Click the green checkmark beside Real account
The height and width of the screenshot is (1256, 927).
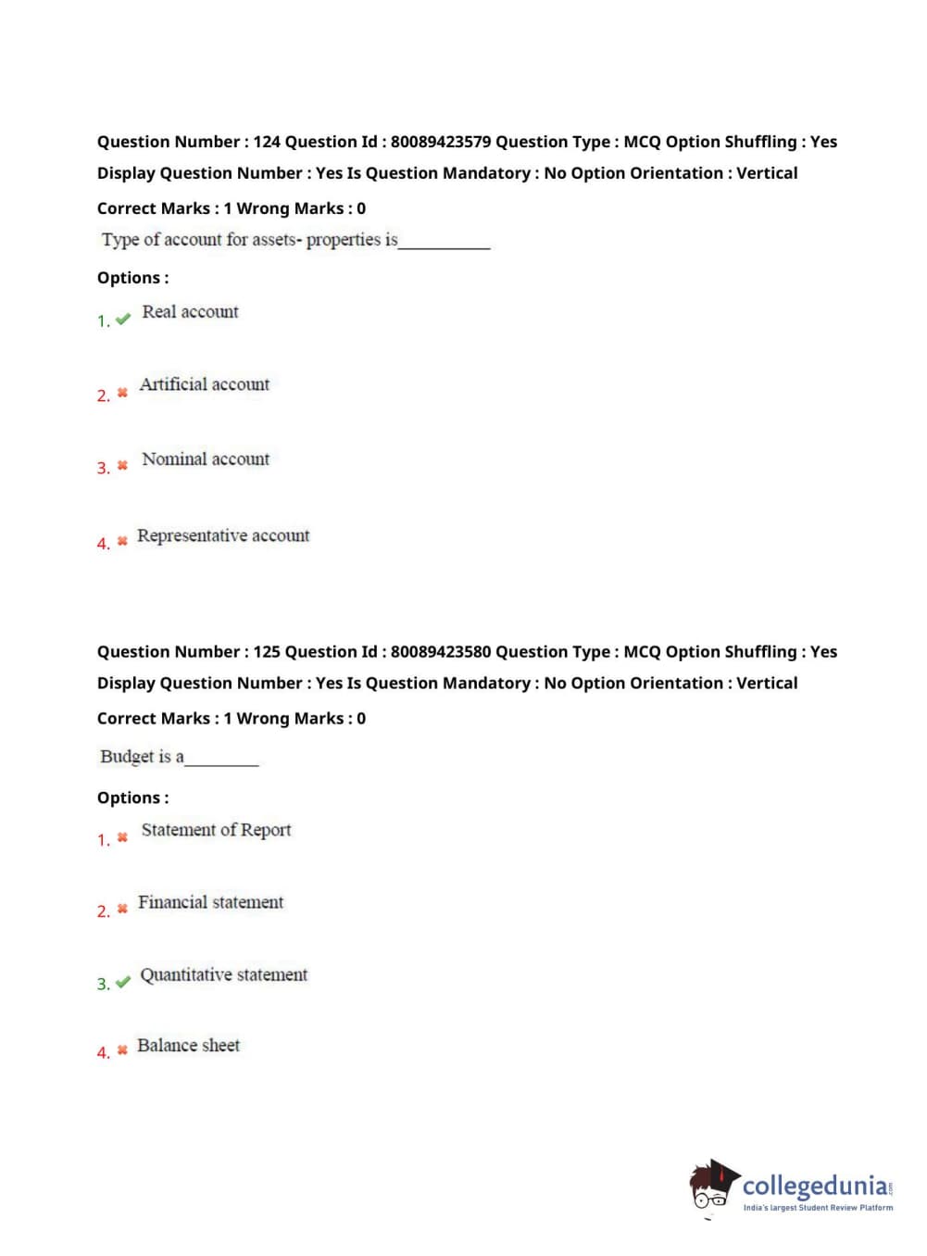pos(123,320)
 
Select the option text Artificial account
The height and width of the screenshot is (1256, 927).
pos(204,384)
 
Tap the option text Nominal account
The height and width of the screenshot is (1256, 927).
pos(206,459)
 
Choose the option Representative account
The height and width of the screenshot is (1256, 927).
pos(223,535)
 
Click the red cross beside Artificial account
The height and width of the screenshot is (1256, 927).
pos(122,394)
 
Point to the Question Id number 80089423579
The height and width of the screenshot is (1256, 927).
pos(440,142)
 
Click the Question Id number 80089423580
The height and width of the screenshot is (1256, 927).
pos(440,652)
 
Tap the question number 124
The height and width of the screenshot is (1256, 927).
pos(267,142)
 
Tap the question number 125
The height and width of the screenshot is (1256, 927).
pos(267,652)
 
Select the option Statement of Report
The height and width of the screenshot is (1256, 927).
pos(216,830)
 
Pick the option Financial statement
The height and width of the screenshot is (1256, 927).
pos(210,902)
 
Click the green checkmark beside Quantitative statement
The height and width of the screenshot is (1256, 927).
pos(123,982)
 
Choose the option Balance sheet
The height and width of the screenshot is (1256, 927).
pos(188,1046)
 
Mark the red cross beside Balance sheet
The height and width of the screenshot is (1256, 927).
pos(122,1050)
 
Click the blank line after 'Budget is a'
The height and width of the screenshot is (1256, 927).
pos(222,761)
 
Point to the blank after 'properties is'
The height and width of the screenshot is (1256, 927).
pos(445,245)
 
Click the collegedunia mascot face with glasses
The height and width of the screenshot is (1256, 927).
pos(710,1188)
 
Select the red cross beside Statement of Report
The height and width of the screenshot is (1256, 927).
pos(122,837)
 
